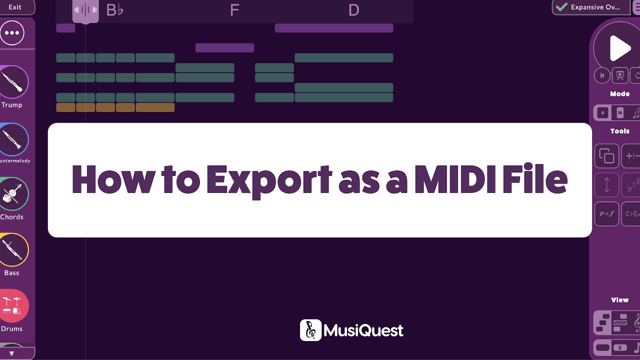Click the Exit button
pos(15,7)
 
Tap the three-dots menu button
pos(12,33)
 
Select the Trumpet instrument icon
pos(12,82)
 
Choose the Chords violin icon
pos(12,194)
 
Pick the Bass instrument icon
pos(12,250)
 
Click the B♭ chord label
pos(114,10)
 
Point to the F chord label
pos(234,10)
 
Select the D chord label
pos(353,10)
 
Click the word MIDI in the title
pos(458,179)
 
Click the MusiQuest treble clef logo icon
pos(310,330)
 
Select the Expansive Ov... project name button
pos(589,7)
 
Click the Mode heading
pos(619,94)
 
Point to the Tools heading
pos(619,131)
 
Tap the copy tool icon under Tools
pos(606,156)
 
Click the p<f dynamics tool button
pos(606,214)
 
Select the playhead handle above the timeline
pos(85,10)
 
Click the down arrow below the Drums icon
pos(12,353)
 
